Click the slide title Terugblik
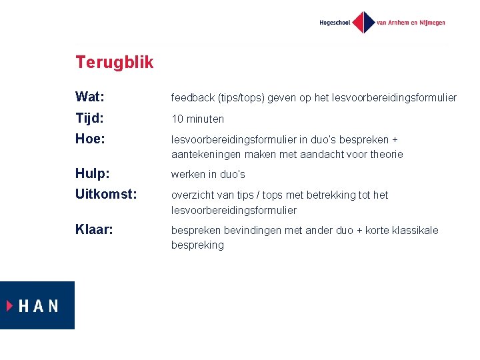(x=114, y=63)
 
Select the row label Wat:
(x=89, y=97)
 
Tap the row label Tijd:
(x=89, y=119)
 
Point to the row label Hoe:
(x=90, y=139)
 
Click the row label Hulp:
(x=93, y=174)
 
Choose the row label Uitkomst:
(x=106, y=195)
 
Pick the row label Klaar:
(x=94, y=230)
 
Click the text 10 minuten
(x=197, y=119)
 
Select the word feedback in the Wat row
(x=193, y=98)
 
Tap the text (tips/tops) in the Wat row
(x=241, y=98)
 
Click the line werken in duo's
(x=208, y=175)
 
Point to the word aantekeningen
(x=205, y=155)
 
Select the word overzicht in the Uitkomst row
(x=192, y=195)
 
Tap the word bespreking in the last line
(x=197, y=245)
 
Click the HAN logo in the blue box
(x=37, y=305)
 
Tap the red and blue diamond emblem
(x=363, y=22)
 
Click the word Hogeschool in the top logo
(x=335, y=23)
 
